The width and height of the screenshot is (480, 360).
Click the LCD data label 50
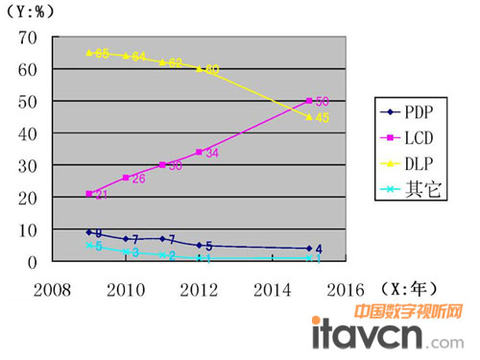tap(323, 101)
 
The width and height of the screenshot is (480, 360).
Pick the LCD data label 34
tap(211, 153)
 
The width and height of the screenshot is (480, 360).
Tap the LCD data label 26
tap(138, 179)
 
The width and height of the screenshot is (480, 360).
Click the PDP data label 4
tap(318, 250)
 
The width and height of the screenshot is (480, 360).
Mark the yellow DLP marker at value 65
tap(89, 53)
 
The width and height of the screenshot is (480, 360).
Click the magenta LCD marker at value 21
tap(89, 194)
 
